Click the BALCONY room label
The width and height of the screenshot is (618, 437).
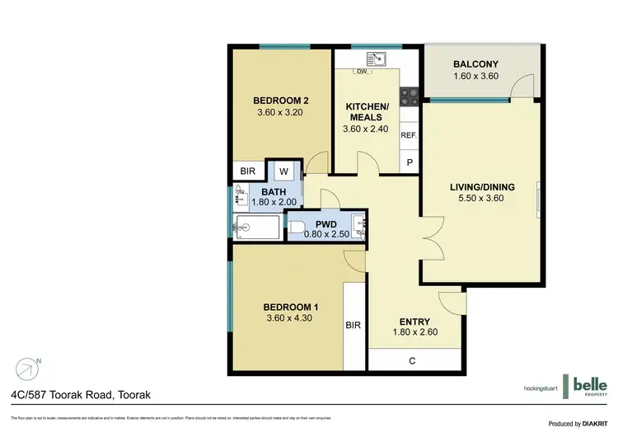pyautogui.click(x=476, y=64)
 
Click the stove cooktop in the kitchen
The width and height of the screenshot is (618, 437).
pyautogui.click(x=409, y=96)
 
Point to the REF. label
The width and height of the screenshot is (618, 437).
pyautogui.click(x=409, y=135)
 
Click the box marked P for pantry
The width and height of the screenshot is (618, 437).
pyautogui.click(x=410, y=163)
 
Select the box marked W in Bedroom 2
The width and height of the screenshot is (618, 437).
pyautogui.click(x=283, y=172)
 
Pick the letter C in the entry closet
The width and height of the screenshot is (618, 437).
pyautogui.click(x=411, y=360)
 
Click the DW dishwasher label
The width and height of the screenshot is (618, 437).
pyautogui.click(x=361, y=72)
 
